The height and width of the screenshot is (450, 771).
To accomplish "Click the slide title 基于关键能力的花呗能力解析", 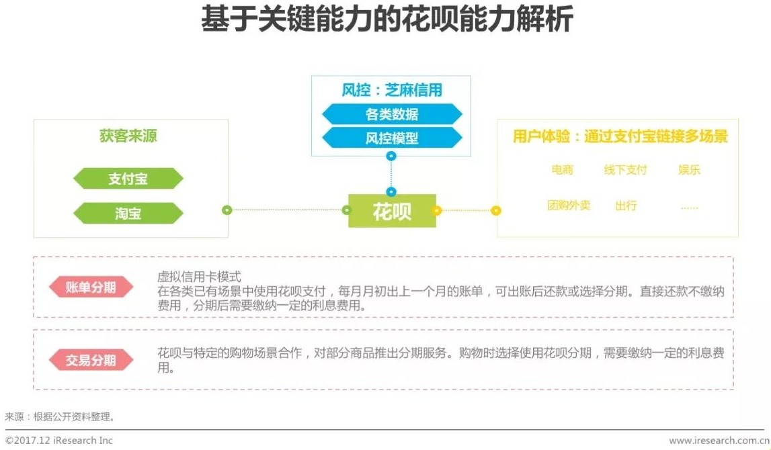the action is [387, 20].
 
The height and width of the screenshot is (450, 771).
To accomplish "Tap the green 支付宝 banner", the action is [128, 179].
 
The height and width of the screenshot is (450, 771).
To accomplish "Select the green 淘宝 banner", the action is [128, 214].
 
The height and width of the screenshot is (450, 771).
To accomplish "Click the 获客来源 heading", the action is [128, 136].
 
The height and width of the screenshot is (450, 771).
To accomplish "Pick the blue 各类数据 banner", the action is [392, 114].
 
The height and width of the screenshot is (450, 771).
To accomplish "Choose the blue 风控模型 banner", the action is [392, 138].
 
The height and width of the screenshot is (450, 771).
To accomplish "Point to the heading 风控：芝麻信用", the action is [392, 90].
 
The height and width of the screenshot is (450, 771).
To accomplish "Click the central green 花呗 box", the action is [392, 211].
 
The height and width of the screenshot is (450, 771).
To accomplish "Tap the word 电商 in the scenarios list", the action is [563, 170].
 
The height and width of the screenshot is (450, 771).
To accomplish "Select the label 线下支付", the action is [625, 170].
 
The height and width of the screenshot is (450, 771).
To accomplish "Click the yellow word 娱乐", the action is [689, 170].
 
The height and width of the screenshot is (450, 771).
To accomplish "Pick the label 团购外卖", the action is [569, 205].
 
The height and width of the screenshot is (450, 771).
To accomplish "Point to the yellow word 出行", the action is [625, 206].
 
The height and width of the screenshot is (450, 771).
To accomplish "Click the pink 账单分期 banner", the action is [91, 287].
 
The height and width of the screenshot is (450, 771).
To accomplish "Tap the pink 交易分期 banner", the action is [91, 361].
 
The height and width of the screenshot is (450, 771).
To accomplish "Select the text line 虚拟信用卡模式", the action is [199, 277].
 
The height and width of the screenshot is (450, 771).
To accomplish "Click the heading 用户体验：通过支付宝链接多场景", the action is [620, 137].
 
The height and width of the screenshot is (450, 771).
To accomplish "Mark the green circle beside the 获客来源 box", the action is [227, 210].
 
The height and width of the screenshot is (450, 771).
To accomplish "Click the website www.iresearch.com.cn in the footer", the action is [717, 441].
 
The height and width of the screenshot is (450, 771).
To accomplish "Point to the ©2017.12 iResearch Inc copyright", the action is [59, 441].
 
